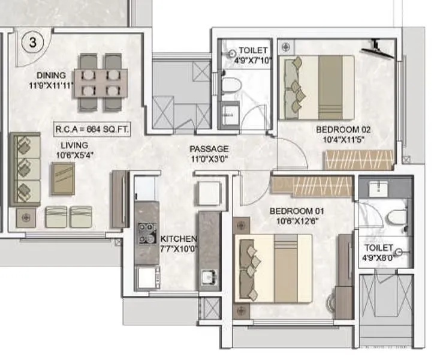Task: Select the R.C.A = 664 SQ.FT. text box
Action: tap(93, 128)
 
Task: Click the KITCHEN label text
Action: tap(174, 239)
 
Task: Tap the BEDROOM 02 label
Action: tap(340, 130)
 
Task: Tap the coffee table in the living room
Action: tap(63, 178)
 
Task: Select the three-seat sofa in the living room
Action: tap(25, 167)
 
